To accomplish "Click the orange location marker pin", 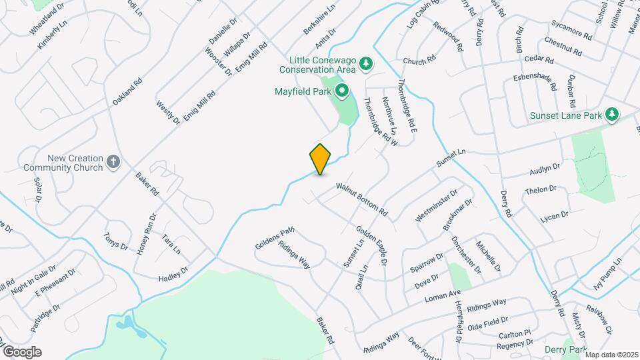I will click(320, 159).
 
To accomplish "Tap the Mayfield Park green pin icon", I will click(342, 90).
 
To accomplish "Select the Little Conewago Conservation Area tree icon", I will click(365, 64).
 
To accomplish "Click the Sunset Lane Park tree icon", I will click(612, 115).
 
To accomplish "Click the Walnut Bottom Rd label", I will click(362, 199).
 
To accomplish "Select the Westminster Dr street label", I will click(436, 206).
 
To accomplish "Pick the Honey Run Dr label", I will click(146, 235).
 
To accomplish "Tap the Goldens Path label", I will click(275, 238).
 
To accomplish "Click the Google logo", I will click(22, 352).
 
